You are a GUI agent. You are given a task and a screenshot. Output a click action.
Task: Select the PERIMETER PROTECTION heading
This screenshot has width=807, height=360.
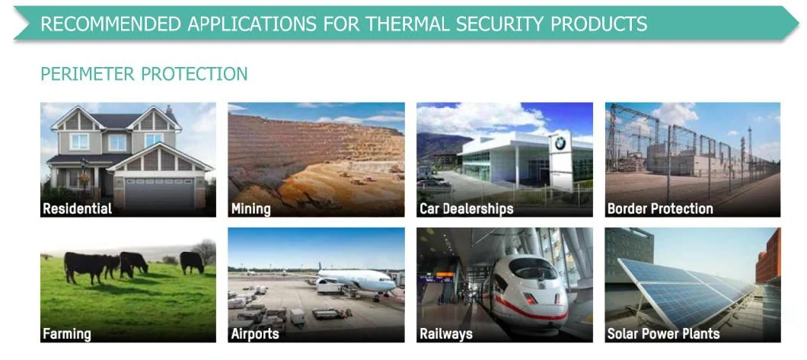click(144, 74)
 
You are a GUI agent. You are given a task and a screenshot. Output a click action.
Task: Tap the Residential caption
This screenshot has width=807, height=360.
click(77, 209)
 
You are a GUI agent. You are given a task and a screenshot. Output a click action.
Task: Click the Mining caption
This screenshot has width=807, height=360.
click(250, 209)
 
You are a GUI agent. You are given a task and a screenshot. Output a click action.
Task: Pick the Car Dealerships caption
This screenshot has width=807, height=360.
click(466, 209)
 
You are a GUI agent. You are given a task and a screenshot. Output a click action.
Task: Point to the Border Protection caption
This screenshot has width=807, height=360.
click(660, 209)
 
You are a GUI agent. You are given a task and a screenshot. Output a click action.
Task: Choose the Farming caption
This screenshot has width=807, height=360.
click(67, 334)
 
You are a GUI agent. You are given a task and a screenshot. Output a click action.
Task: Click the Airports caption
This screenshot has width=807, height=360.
click(255, 334)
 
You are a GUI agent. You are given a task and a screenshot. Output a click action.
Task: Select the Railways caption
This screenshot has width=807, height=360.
click(445, 334)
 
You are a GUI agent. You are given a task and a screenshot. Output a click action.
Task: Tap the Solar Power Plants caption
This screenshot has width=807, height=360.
click(663, 334)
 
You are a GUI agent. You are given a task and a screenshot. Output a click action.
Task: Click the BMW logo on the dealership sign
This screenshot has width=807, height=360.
click(560, 144)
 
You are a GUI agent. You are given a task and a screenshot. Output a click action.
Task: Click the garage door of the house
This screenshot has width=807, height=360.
click(160, 193)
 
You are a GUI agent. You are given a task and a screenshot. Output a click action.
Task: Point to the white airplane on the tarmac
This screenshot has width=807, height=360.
click(355, 280)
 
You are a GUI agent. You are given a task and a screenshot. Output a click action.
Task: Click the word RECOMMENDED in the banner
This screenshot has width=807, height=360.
click(110, 24)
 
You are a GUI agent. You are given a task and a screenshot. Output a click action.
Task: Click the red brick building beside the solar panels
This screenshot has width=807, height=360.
click(768, 256)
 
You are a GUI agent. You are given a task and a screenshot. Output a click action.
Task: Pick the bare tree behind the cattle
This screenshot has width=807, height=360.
click(205, 251)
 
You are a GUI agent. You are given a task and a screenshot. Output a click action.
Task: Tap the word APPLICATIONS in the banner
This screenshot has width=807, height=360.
click(252, 24)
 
